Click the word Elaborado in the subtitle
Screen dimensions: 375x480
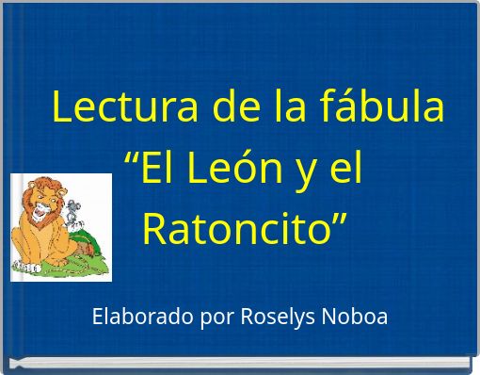click(143, 317)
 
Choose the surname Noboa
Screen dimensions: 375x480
click(357, 317)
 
